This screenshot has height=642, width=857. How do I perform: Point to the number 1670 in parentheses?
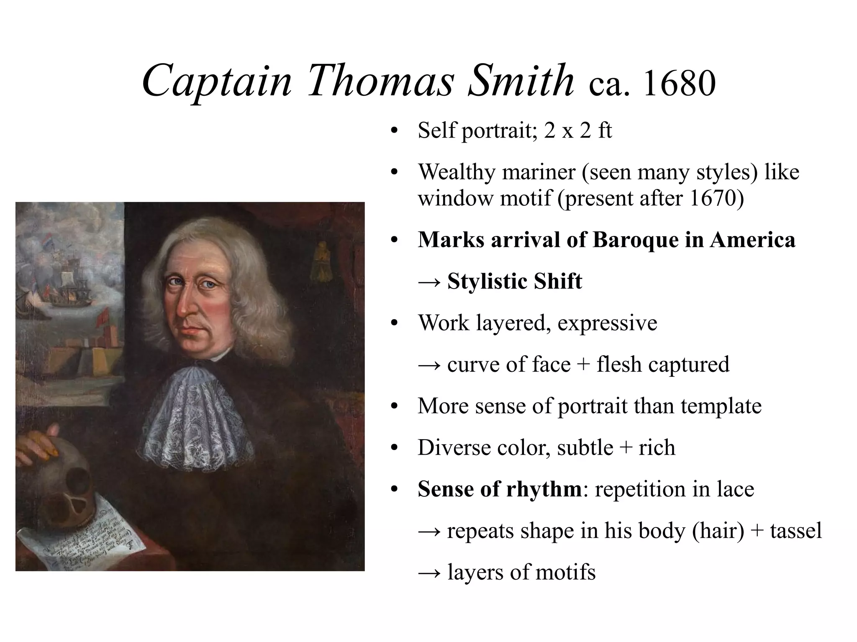click(711, 198)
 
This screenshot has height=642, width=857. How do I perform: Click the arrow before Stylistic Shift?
click(430, 282)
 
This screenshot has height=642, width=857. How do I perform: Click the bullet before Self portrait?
click(393, 131)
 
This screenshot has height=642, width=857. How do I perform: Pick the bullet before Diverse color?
click(393, 448)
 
